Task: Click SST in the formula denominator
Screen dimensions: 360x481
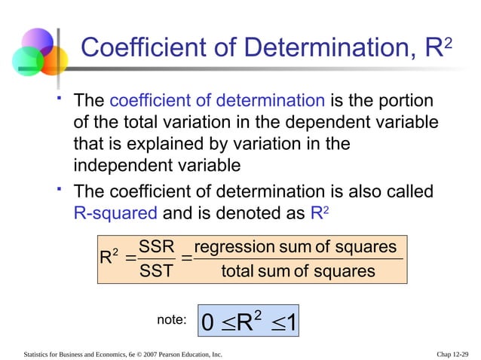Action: coord(158,270)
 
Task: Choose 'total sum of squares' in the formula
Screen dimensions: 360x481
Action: coord(298,270)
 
